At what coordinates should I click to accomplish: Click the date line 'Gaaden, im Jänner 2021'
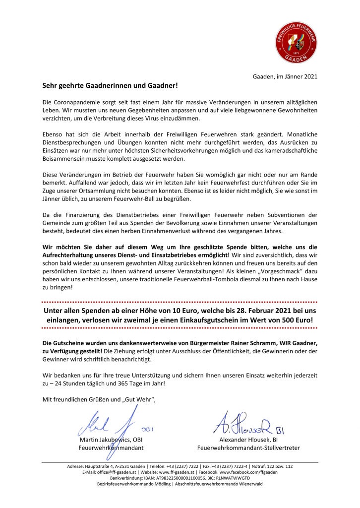point(285,76)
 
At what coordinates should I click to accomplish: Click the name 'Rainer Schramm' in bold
point(247,343)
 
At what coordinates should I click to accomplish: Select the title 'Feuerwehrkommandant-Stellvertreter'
point(248,448)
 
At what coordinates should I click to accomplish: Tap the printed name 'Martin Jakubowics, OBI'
point(111,440)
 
